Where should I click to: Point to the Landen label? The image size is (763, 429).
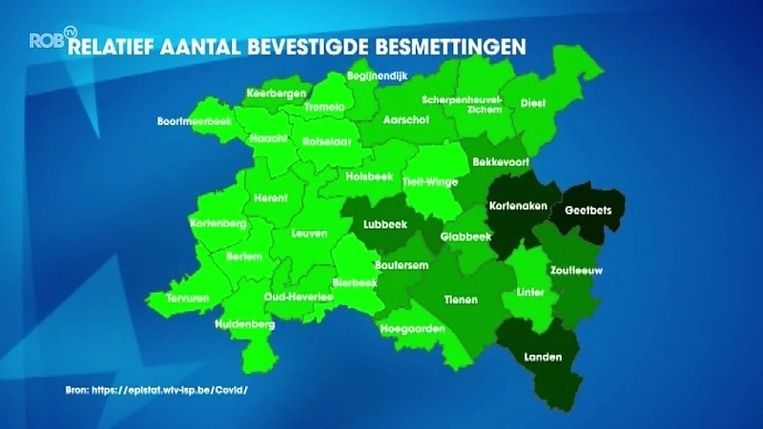543,357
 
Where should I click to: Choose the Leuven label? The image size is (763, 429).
309,233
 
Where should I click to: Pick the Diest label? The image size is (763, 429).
533,104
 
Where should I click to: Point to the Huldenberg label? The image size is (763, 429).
245,324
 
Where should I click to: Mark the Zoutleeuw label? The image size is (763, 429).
576,270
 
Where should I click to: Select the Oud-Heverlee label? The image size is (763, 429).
299,296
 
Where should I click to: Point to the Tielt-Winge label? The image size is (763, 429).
430,181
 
